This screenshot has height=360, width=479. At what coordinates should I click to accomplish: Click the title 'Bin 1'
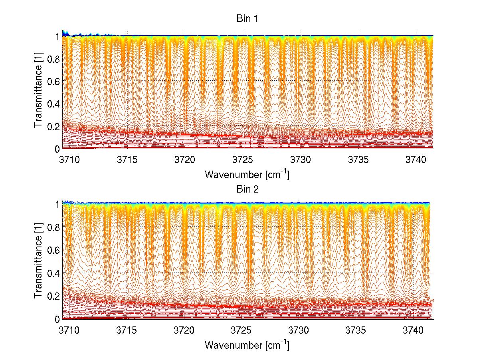point(247,18)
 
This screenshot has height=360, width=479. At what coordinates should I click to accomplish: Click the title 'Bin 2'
point(247,189)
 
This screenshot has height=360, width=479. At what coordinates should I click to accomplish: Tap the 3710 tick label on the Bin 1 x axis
point(69,160)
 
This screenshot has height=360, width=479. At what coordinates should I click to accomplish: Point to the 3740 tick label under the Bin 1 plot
point(416,160)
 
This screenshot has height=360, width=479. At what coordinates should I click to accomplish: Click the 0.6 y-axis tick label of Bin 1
point(53,81)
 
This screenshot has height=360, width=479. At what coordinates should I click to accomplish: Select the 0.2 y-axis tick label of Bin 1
point(53,126)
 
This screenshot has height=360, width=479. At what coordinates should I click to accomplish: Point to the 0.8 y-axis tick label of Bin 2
point(53,227)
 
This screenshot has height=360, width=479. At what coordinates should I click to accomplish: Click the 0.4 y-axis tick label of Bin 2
point(53,273)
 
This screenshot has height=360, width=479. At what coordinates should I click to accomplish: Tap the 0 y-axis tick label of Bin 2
point(57,319)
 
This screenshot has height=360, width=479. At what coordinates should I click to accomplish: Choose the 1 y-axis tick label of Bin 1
point(57,36)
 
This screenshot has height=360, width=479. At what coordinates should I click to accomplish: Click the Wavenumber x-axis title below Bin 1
point(247,174)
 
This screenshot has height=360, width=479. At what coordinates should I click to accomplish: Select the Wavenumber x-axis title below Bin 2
point(247,345)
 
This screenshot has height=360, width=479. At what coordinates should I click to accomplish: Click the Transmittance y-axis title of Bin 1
point(38,92)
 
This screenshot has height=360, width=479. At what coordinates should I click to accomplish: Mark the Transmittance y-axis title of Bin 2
point(38,262)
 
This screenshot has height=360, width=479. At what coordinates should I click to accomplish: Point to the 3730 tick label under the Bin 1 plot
point(300,160)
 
